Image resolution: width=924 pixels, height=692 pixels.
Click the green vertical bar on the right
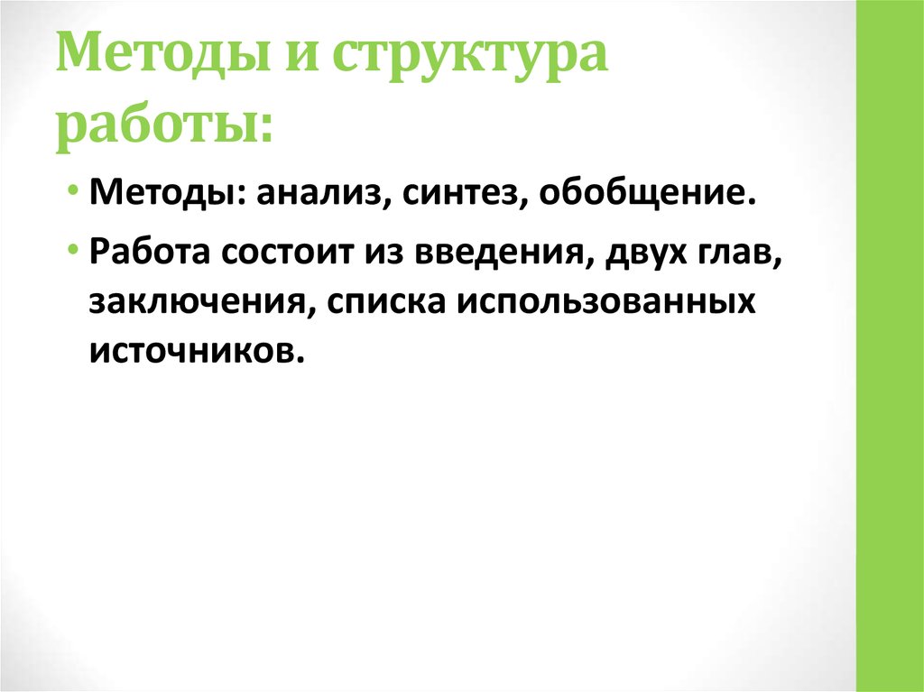coord(890,346)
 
